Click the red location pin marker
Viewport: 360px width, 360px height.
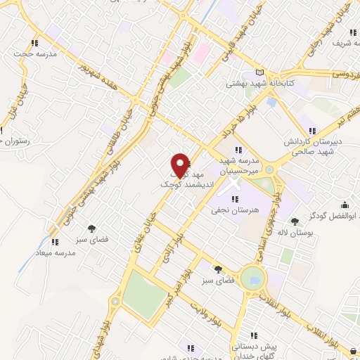pos(181,165)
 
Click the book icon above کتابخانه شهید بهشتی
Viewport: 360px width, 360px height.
pos(262,72)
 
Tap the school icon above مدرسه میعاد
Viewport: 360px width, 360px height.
pos(55,243)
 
